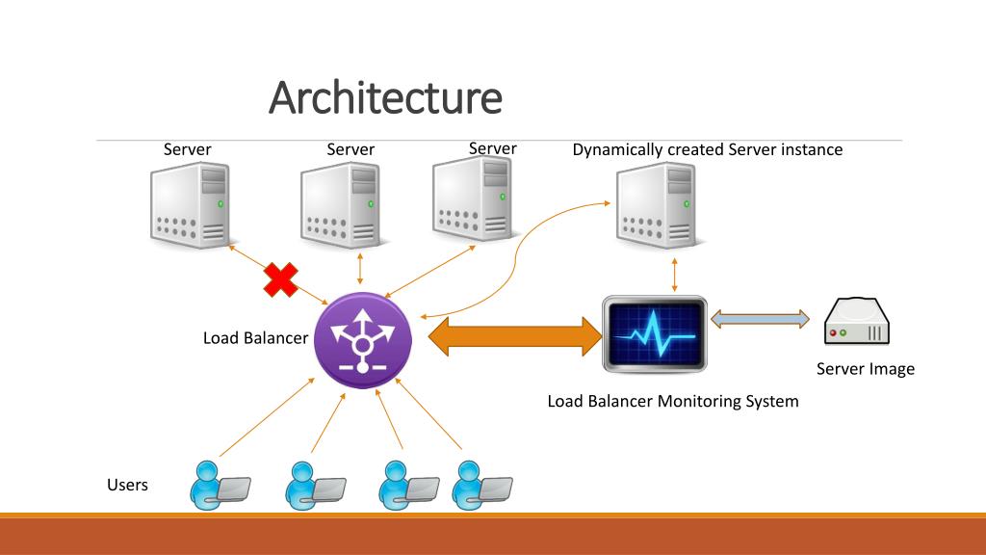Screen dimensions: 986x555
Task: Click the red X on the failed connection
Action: tap(280, 280)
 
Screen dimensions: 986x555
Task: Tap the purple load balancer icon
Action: tap(363, 340)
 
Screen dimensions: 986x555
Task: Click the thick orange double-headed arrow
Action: tap(515, 336)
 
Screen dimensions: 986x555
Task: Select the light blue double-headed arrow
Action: tap(760, 319)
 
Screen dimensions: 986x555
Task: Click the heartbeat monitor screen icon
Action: tap(655, 334)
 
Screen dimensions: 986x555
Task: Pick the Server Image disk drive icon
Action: tap(856, 322)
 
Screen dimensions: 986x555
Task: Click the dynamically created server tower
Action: tap(657, 205)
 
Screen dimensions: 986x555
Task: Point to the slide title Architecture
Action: tap(385, 97)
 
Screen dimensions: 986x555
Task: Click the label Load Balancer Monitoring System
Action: tap(673, 402)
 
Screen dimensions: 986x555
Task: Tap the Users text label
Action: tap(128, 486)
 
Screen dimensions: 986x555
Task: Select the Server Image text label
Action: tap(866, 369)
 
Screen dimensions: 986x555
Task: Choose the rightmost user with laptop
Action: tap(481, 486)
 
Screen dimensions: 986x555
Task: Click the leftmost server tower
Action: tap(192, 205)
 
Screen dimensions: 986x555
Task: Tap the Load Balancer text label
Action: tap(255, 338)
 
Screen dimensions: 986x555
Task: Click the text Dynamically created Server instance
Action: tap(708, 149)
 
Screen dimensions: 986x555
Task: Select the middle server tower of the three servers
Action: tap(342, 205)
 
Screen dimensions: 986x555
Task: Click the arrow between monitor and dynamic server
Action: tap(675, 275)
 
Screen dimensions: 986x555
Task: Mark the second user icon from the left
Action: tap(315, 486)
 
